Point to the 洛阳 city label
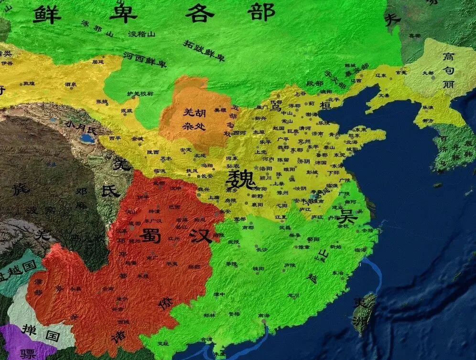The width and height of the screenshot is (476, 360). tap(265, 169)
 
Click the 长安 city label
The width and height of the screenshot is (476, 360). tap(207, 176)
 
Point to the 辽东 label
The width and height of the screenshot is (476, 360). tap(381, 75)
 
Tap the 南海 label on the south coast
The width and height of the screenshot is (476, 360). tap(263, 316)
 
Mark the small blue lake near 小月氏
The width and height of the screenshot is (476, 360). tap(87, 138)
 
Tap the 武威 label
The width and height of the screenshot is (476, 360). tap(127, 111)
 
